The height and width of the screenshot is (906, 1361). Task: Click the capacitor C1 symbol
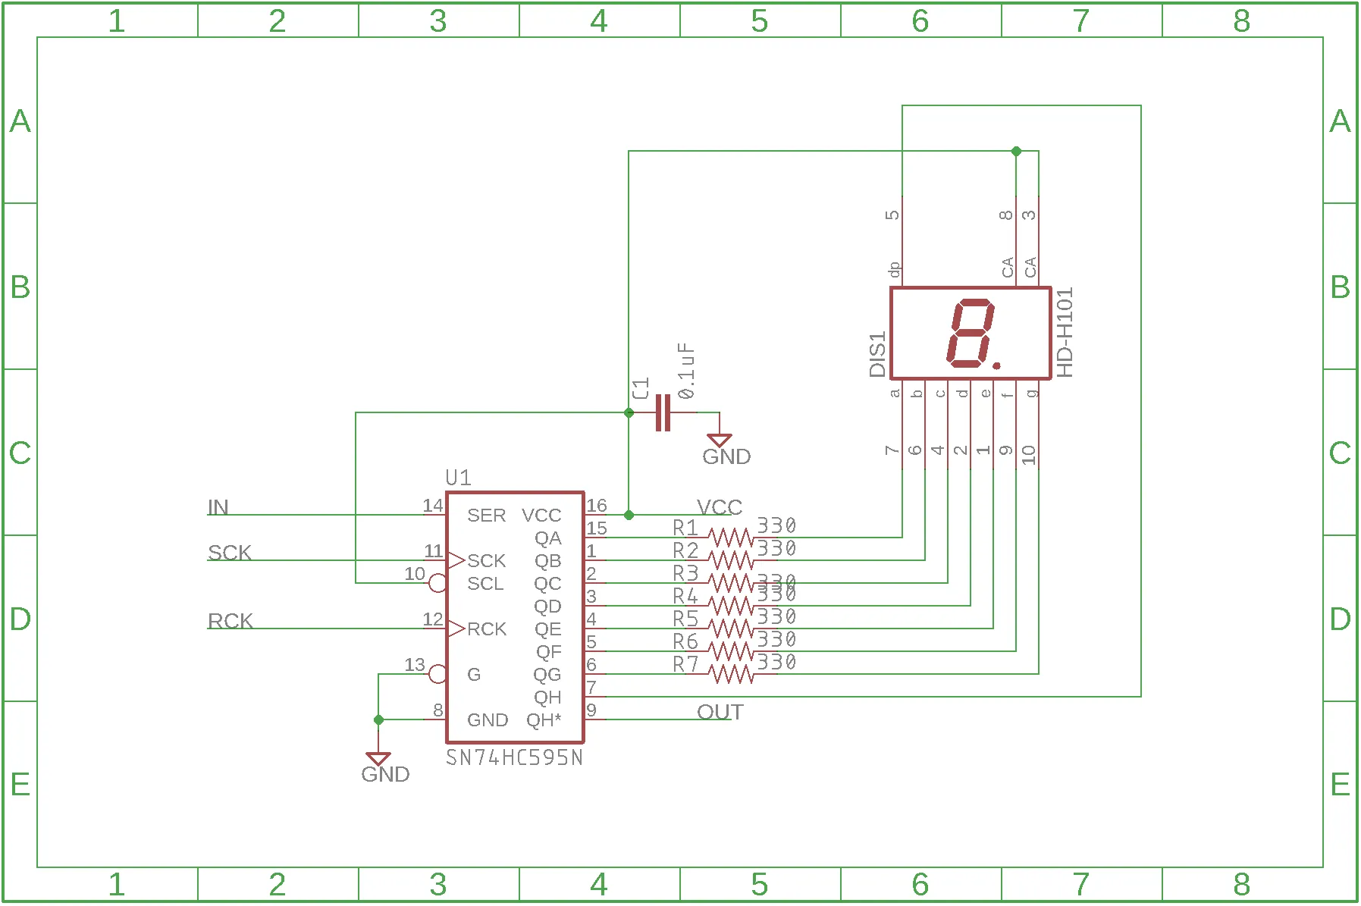click(663, 412)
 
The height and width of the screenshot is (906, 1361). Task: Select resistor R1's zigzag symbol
click(731, 538)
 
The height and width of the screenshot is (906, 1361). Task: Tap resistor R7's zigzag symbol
click(731, 674)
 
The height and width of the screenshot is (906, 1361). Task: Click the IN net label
click(218, 507)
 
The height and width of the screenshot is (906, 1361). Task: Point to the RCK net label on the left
click(230, 621)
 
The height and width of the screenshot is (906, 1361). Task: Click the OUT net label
click(720, 712)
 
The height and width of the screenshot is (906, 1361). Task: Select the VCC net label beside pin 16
click(719, 507)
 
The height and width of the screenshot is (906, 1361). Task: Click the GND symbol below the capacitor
click(720, 440)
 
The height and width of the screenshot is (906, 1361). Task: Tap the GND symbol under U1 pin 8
click(378, 759)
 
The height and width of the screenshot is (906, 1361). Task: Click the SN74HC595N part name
click(514, 757)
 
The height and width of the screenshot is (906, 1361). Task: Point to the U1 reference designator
click(458, 478)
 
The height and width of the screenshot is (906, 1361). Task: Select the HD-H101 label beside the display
click(1065, 333)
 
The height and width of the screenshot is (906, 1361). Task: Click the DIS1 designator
click(877, 354)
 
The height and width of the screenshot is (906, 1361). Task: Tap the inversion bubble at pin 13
click(437, 673)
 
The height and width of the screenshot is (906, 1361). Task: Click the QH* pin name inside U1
click(544, 719)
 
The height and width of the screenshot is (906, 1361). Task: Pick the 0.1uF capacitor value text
click(686, 371)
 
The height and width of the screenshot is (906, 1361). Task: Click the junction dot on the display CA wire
click(1016, 152)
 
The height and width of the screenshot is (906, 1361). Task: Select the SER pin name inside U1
click(486, 516)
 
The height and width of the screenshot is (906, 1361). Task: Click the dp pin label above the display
click(894, 270)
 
